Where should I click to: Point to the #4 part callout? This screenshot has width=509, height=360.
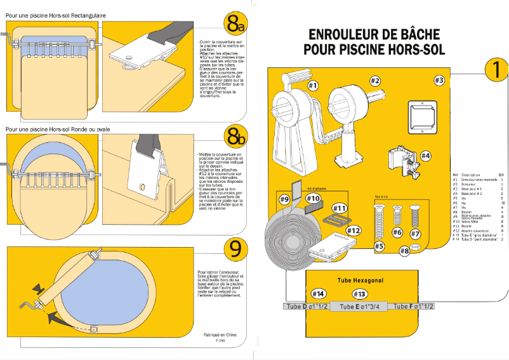[x=425, y=155]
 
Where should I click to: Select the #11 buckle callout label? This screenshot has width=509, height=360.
[x=340, y=208]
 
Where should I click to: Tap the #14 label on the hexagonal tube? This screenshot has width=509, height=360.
[x=319, y=294]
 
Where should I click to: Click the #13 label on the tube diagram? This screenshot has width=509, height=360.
[x=359, y=294]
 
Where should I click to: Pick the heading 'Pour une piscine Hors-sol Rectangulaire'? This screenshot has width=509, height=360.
[x=56, y=15]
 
